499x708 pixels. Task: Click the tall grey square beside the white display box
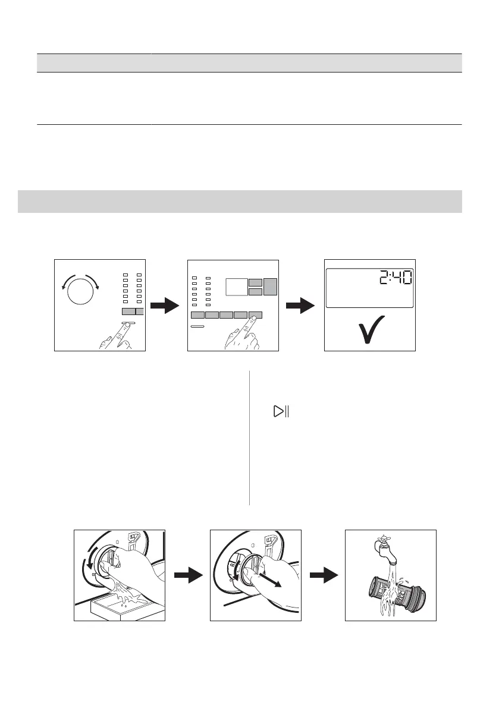tap(271, 287)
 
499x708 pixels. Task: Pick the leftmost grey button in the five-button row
tap(197, 315)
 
